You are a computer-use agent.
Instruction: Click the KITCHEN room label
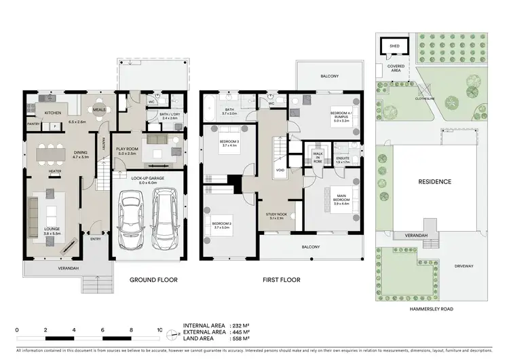tap(54, 113)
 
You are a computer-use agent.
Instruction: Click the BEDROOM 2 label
tap(221, 223)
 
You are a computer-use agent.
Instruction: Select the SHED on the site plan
tap(394, 46)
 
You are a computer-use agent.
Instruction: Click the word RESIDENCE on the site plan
tap(434, 182)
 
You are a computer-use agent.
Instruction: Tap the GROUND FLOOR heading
tap(153, 279)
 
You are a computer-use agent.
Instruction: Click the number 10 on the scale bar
tap(159, 329)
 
